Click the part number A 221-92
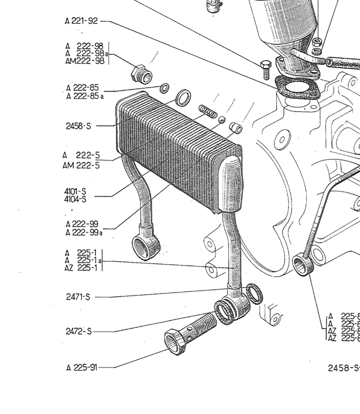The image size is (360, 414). click(x=82, y=21)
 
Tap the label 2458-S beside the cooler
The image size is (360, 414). click(x=78, y=126)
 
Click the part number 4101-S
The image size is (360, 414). click(x=76, y=191)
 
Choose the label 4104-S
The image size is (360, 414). click(x=76, y=199)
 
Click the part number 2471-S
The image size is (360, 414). click(x=78, y=297)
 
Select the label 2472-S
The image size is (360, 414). click(x=78, y=331)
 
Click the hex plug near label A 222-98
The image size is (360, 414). click(x=140, y=76)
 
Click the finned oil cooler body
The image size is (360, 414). click(x=179, y=155)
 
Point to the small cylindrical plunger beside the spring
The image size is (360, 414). click(x=236, y=126)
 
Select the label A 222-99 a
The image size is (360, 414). click(x=84, y=232)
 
